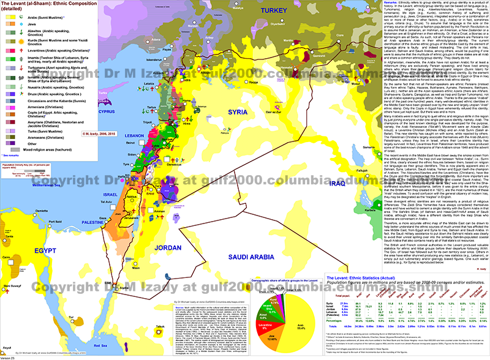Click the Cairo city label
[x=7, y=263]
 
